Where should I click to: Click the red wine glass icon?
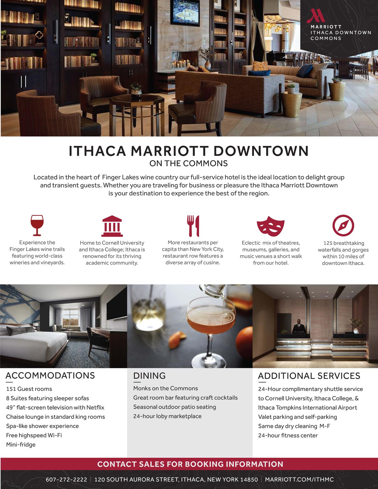pos(37,225)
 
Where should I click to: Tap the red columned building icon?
pos(112,226)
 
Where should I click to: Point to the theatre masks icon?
pos(270,225)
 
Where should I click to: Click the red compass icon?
pos(343,225)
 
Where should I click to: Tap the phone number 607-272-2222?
pos(66,480)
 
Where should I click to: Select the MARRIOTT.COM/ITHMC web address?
pos(299,480)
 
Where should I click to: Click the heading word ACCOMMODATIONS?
pos(50,376)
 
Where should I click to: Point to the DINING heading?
pos(149,376)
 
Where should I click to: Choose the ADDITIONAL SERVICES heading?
pos(309,376)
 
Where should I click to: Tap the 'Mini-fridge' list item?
pos(21,444)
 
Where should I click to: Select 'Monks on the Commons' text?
pos(166,388)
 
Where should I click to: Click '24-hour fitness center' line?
pos(288,435)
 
